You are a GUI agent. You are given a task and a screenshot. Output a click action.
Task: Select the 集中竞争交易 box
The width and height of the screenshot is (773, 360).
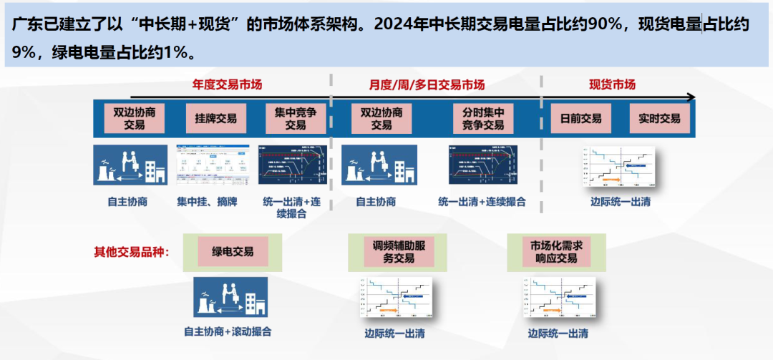tap(295, 118)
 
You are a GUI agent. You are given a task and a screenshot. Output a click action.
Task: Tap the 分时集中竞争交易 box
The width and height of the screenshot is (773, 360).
tap(479, 118)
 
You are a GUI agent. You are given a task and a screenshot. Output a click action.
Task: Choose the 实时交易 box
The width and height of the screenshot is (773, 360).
tap(659, 118)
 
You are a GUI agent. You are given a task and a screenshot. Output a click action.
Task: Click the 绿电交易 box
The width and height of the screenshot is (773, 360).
tap(232, 252)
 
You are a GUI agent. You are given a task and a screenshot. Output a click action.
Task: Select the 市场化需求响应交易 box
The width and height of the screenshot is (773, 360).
tap(553, 251)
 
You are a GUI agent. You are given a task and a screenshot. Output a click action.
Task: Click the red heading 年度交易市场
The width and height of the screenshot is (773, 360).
tap(227, 84)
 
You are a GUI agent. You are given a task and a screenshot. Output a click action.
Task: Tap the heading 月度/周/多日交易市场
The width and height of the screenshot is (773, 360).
tap(427, 84)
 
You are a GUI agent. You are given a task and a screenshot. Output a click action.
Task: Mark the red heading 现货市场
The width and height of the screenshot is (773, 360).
tap(612, 84)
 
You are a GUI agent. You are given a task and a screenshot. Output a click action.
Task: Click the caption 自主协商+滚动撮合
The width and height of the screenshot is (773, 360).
tap(228, 331)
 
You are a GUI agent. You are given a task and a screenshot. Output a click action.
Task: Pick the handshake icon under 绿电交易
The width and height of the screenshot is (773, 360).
tap(230, 297)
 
